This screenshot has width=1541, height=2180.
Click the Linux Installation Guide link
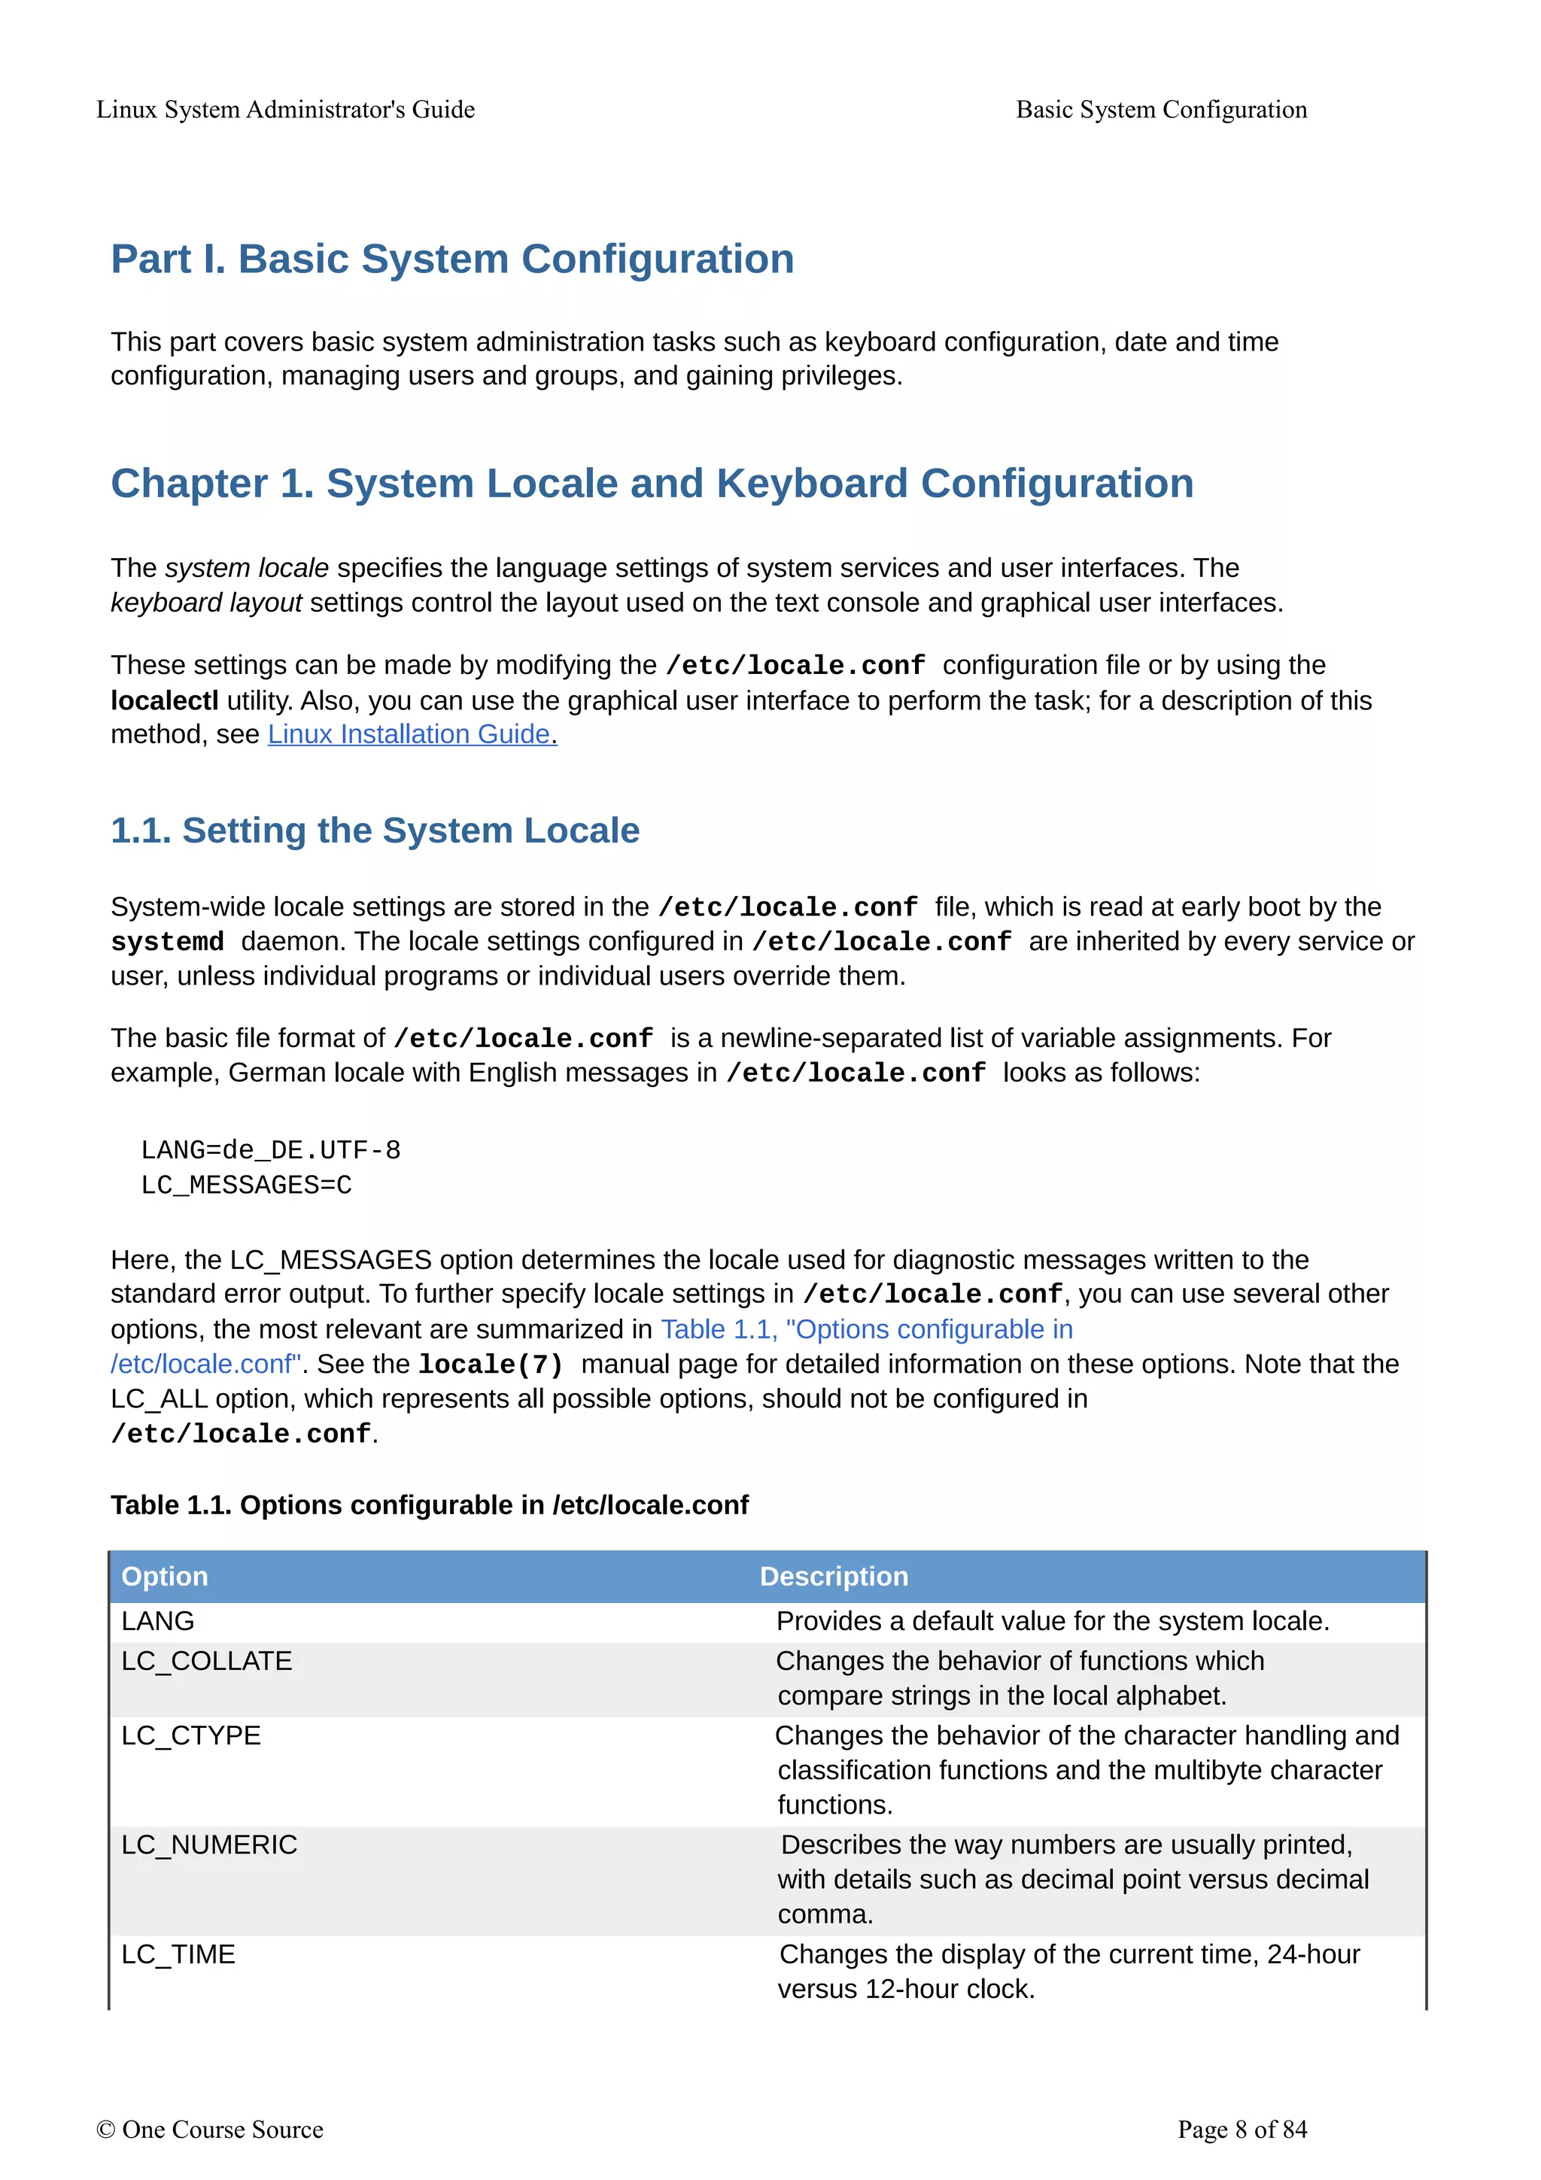pos(411,734)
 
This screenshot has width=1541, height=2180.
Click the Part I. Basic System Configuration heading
pos(452,260)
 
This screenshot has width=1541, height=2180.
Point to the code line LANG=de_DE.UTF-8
pos(271,1150)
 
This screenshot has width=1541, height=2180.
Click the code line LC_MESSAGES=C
pos(246,1185)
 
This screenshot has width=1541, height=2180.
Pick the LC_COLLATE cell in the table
pos(206,1661)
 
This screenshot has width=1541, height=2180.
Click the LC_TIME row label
pos(178,1954)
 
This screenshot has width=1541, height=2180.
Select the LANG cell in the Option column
pos(157,1621)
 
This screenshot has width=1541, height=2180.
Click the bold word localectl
pos(163,701)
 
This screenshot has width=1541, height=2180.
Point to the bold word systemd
pos(167,942)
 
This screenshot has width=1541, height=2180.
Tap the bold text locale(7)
pos(491,1365)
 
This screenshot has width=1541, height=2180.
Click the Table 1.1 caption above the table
pos(429,1505)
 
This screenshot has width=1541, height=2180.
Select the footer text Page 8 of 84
pos(1241,2130)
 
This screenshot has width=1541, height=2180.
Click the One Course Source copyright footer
pos(210,2130)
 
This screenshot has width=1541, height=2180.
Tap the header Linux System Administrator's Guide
pos(285,109)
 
